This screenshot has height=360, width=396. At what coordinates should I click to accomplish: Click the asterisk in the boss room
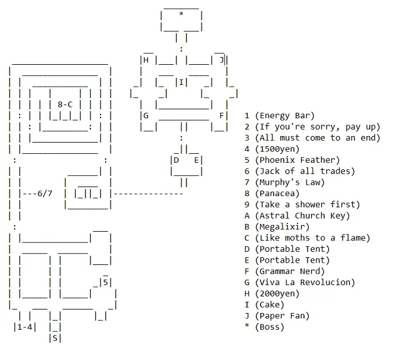click(181, 14)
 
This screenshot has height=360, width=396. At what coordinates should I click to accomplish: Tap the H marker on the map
click(145, 59)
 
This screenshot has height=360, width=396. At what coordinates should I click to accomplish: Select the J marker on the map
click(221, 59)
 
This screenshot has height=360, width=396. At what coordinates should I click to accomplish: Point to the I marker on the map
click(181, 82)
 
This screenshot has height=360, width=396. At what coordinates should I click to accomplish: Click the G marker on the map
click(145, 115)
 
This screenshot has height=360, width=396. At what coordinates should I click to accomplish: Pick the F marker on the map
click(221, 115)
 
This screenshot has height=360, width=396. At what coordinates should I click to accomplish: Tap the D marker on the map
click(176, 160)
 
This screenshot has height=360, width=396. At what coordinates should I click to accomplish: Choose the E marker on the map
click(196, 160)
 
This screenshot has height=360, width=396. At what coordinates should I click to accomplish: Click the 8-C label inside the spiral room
click(65, 104)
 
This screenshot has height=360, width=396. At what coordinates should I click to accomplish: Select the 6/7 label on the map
click(44, 193)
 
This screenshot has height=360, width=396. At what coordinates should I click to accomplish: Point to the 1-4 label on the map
click(24, 327)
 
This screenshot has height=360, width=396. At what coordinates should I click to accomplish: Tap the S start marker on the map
click(55, 338)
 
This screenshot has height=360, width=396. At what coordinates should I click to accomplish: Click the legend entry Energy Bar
click(284, 116)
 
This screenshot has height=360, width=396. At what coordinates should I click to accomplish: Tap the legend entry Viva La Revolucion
click(304, 282)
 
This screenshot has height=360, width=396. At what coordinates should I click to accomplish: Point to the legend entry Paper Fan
click(284, 315)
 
